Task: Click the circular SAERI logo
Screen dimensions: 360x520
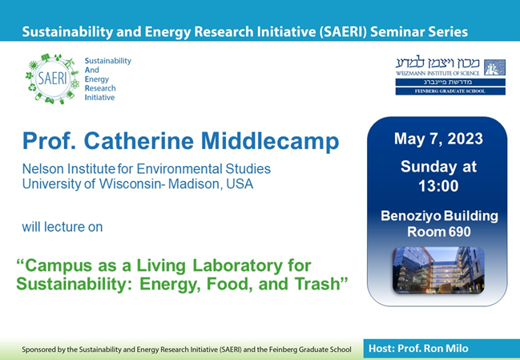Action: (x=52, y=79)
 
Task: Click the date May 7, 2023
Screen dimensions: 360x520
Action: (x=437, y=139)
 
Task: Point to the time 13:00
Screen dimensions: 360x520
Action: (x=437, y=186)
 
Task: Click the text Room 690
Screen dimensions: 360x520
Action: (x=437, y=231)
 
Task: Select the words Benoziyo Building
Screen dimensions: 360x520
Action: (x=437, y=216)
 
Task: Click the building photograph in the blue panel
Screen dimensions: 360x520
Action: (x=437, y=269)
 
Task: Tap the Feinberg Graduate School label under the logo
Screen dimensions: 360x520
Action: (x=449, y=91)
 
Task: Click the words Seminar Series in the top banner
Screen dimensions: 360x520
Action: (x=419, y=33)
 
